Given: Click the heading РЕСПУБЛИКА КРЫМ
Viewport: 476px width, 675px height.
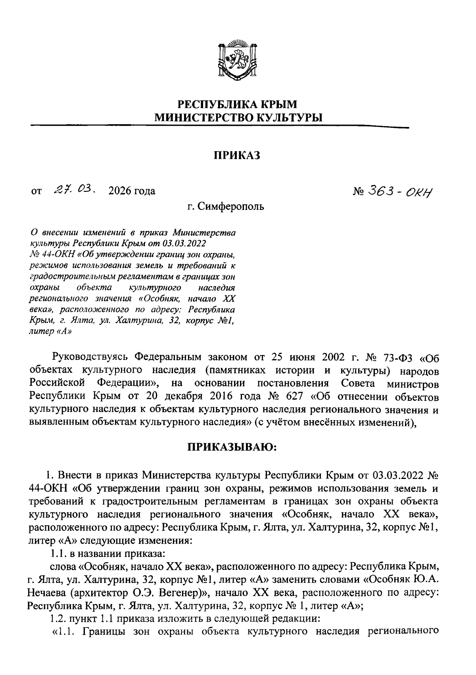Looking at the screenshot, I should pyautogui.click(x=237, y=105).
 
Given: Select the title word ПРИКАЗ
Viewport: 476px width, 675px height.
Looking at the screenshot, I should pyautogui.click(x=237, y=155).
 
